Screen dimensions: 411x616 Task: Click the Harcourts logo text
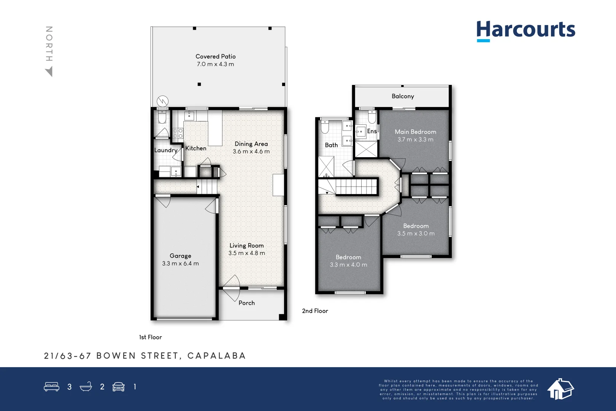[x=526, y=30]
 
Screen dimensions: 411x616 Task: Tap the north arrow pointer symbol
[x=49, y=72]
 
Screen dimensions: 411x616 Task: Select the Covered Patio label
[x=216, y=56]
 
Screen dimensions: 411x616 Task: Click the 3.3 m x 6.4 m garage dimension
[x=180, y=263]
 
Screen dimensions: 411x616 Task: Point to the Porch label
[x=246, y=303]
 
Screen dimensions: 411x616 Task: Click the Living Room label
[x=246, y=245]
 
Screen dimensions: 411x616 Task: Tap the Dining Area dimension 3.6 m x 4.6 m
[x=251, y=151]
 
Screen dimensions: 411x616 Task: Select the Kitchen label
[x=196, y=148]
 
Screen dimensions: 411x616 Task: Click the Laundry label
[x=166, y=150]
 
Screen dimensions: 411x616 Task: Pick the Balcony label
[x=403, y=96]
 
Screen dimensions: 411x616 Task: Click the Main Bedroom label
[x=415, y=132]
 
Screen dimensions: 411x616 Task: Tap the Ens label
[x=372, y=131]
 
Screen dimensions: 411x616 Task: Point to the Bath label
[x=331, y=145]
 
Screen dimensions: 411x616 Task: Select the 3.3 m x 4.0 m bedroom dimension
[x=348, y=265]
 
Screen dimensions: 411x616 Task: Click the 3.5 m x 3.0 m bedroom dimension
[x=416, y=234]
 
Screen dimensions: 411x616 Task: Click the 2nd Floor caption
[x=315, y=311]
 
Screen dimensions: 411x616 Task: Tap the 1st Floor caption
[x=150, y=337]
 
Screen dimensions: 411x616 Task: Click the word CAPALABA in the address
[x=217, y=356]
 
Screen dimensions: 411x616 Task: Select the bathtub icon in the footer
[x=86, y=387]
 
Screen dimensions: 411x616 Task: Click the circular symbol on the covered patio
[x=162, y=101]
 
